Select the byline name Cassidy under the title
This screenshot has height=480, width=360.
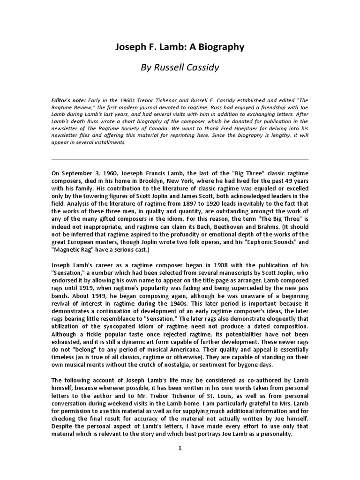201,67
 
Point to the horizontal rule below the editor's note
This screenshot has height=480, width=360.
180,159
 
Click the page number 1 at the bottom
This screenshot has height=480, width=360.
180,448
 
